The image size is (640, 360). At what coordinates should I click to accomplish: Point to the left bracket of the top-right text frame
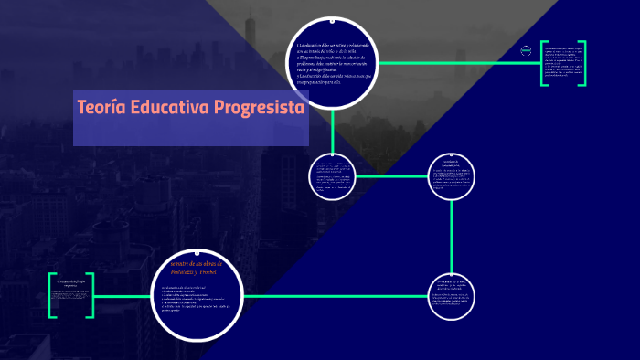pos(544,63)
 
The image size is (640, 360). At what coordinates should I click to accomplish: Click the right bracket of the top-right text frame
pos(583,63)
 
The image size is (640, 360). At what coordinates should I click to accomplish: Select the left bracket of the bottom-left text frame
pos(52,295)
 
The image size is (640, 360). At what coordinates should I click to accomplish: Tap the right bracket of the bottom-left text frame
pos(91,295)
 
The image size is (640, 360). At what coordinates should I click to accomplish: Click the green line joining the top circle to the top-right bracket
pos(457,63)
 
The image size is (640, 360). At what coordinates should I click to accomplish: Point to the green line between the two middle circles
pos(393,175)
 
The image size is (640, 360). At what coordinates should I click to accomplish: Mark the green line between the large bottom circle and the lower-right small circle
pos(338,295)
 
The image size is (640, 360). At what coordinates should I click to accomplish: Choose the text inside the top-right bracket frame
pos(564,63)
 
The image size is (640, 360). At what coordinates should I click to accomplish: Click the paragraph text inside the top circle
pos(334,63)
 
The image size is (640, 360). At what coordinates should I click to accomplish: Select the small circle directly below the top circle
pos(334,175)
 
